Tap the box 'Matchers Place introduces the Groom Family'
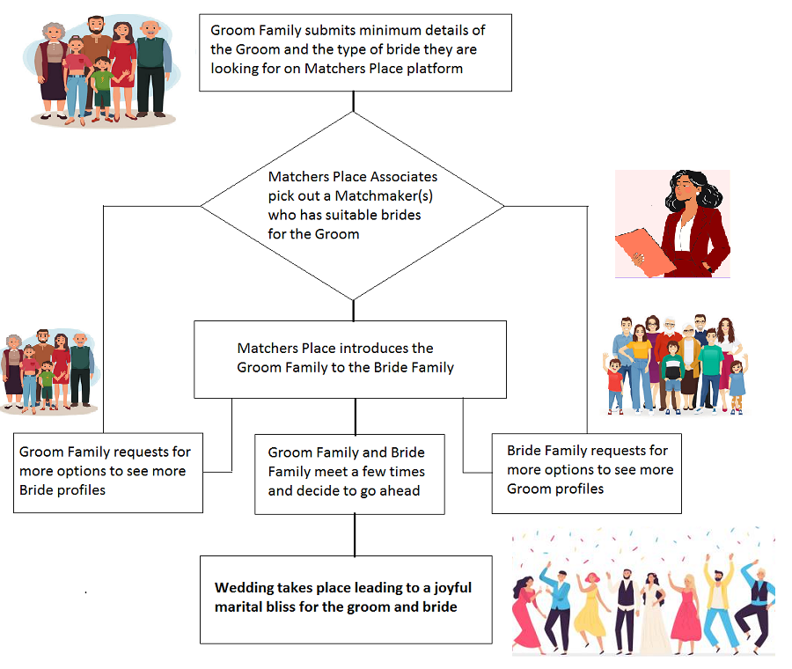[350, 358]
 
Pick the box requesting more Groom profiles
[587, 473]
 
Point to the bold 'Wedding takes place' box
[345, 599]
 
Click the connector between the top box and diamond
[354, 101]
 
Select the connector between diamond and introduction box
[354, 310]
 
